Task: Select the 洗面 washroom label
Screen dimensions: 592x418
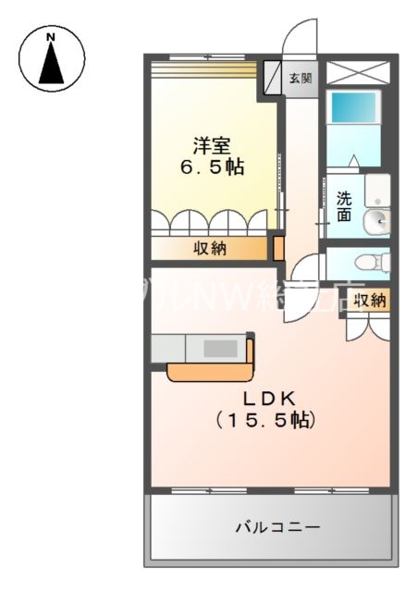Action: (344, 205)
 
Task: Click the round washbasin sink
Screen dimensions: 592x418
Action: (376, 221)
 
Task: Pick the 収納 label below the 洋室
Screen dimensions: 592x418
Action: (210, 248)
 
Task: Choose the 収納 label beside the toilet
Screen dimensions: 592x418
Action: (369, 299)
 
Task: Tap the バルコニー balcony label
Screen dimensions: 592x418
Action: (277, 527)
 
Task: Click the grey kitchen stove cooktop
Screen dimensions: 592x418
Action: (219, 348)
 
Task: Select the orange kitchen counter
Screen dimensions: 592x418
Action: (211, 370)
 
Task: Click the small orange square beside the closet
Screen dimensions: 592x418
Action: (277, 247)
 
